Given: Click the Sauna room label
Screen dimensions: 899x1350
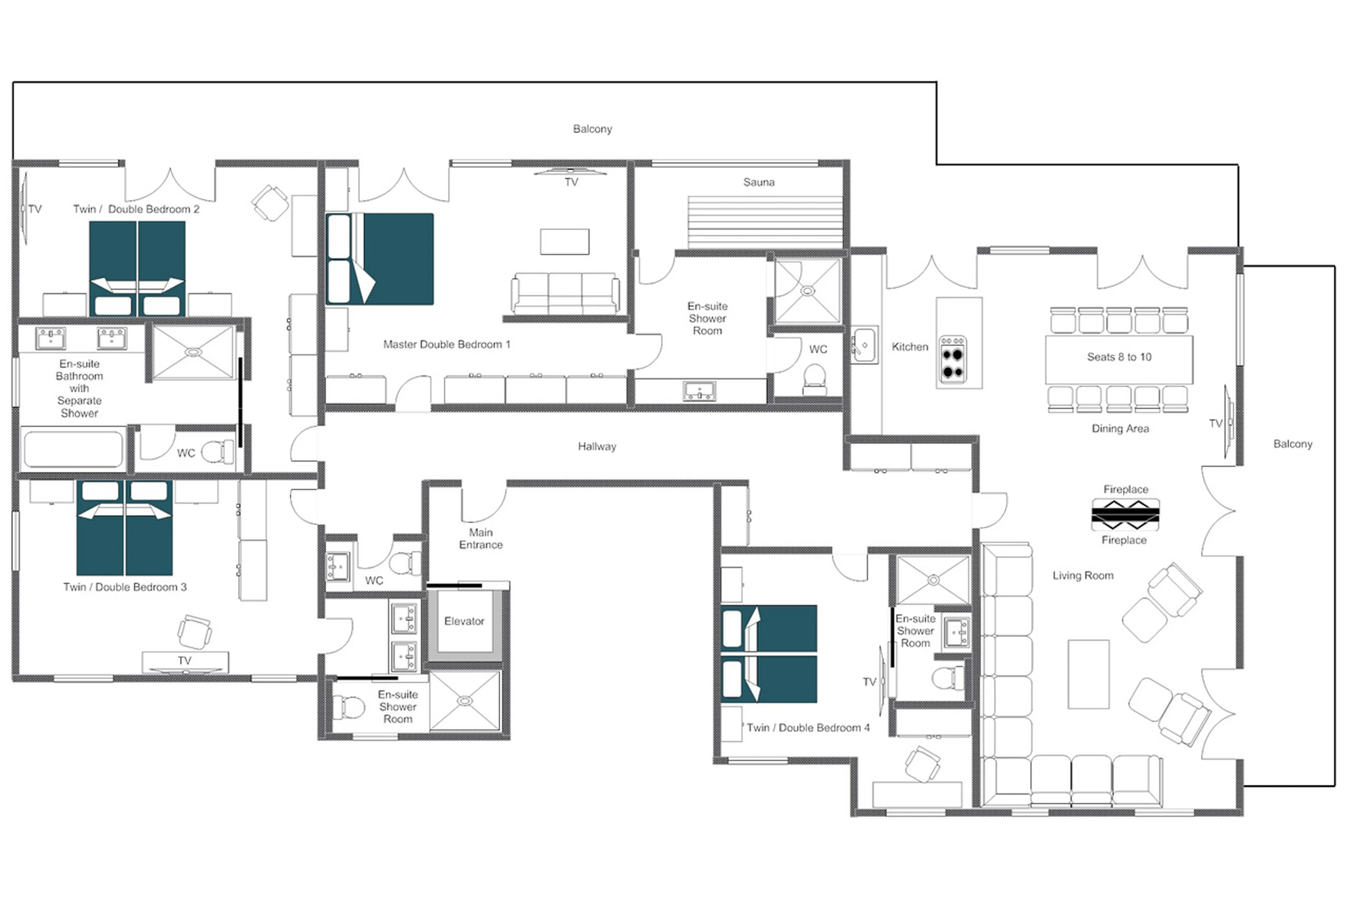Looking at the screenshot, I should [x=758, y=182].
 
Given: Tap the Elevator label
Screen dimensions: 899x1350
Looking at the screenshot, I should [x=464, y=621].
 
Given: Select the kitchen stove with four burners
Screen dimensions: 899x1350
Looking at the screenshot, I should [x=952, y=359].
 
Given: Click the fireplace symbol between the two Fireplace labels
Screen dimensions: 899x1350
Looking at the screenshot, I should [x=1125, y=514].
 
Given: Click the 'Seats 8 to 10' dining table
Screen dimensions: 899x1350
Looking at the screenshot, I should [x=1118, y=359].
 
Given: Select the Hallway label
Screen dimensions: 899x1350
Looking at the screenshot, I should [x=596, y=446].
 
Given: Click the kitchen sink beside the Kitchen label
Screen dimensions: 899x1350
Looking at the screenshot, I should [x=863, y=345].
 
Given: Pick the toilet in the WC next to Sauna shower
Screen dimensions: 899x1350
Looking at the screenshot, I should [x=814, y=379].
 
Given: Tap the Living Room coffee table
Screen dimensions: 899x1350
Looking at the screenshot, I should [x=1088, y=674].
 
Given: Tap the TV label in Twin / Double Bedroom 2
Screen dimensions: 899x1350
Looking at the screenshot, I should [x=35, y=209].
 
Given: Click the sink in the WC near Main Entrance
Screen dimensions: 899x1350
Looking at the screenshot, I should [x=337, y=566].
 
